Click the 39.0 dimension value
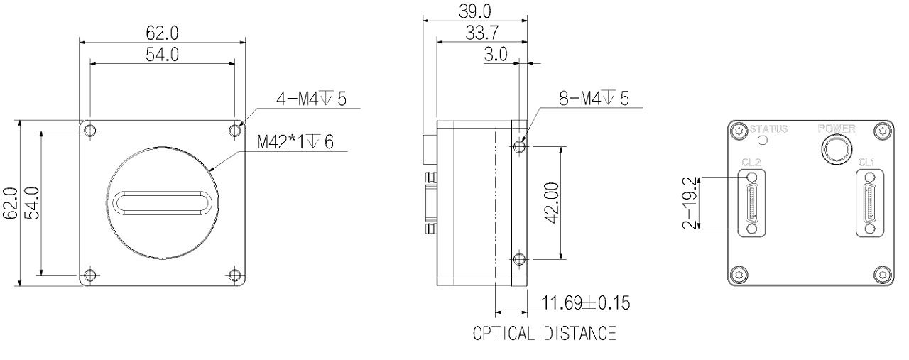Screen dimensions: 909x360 475,11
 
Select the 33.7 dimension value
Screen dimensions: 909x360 481,33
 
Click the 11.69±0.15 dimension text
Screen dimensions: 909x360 586,302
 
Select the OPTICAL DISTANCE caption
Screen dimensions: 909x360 545,333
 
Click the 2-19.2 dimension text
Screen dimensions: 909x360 690,203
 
